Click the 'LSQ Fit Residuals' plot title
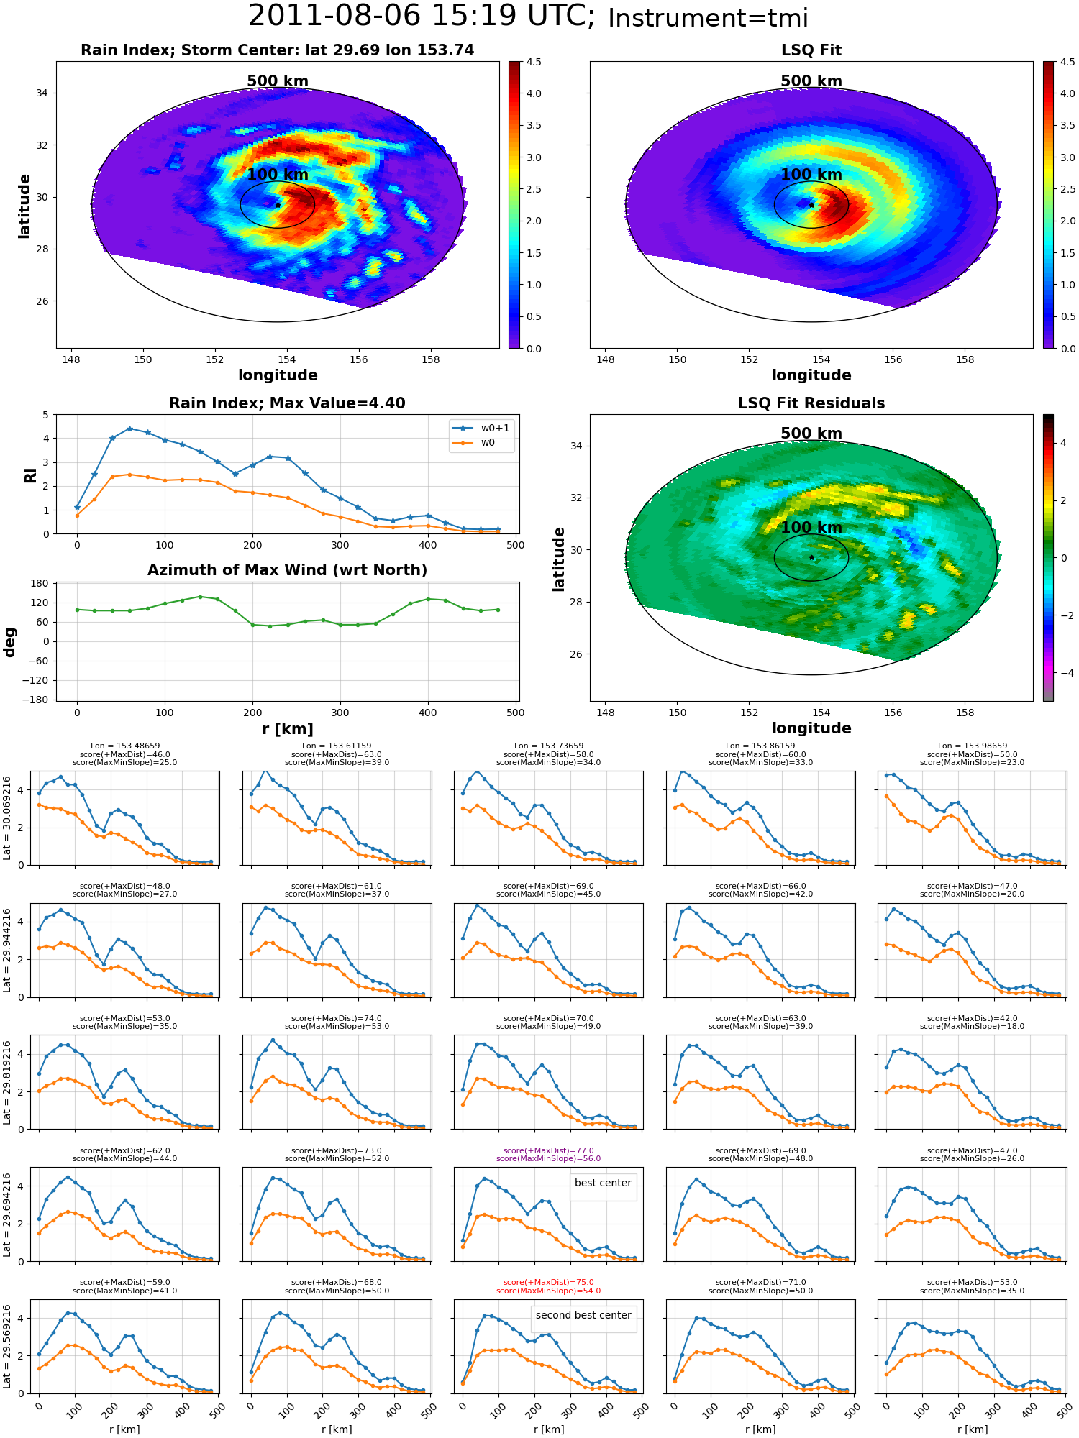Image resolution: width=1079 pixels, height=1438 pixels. [811, 403]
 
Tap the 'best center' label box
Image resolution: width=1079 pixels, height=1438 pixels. [603, 1183]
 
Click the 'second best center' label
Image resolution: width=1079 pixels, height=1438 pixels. [583, 1315]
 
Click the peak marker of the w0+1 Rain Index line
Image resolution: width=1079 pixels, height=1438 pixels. [129, 429]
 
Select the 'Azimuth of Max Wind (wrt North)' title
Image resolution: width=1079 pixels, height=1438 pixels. [287, 570]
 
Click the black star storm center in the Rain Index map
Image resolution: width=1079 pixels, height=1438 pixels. [278, 205]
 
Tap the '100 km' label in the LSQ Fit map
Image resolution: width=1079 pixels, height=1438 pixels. [811, 175]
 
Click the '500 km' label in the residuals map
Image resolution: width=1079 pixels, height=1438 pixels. [811, 434]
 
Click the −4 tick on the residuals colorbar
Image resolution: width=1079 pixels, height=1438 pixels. [1064, 674]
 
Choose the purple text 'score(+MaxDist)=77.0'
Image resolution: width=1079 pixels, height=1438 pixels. [548, 1150]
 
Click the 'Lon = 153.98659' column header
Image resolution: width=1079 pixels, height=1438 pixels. [972, 746]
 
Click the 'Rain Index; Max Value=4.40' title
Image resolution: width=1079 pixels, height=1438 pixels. [287, 403]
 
